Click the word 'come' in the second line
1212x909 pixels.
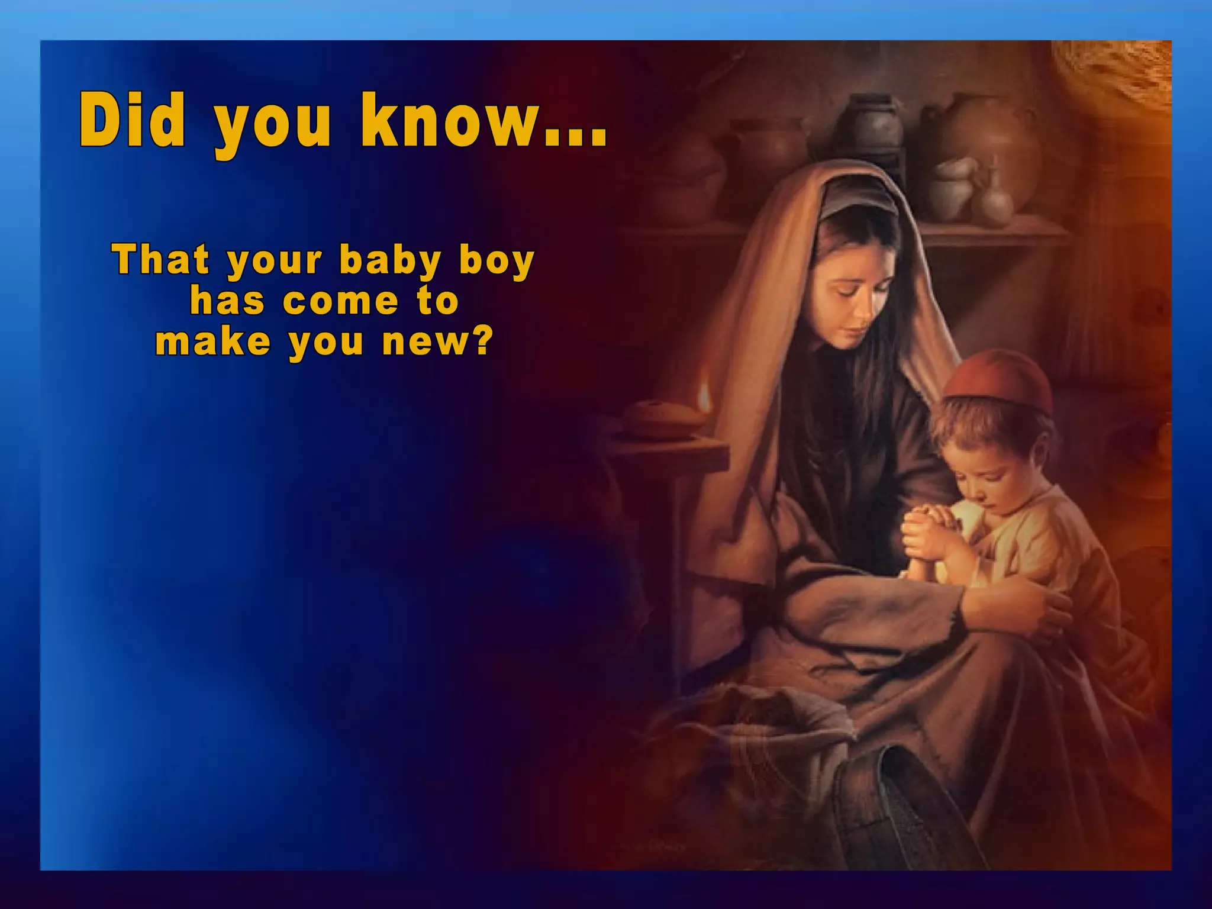tap(341, 301)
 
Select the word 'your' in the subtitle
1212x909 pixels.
tap(275, 262)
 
